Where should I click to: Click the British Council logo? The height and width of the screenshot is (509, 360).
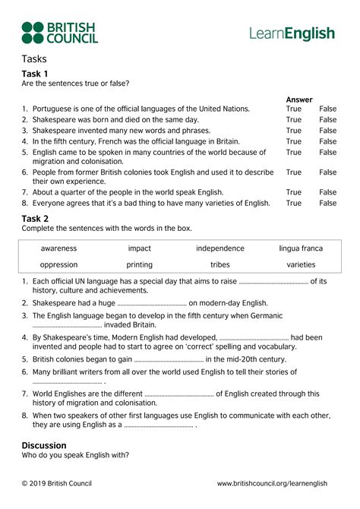coord(59,33)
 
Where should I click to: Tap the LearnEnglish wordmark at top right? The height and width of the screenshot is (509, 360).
coord(292,33)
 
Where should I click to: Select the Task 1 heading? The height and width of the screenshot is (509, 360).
coord(35,74)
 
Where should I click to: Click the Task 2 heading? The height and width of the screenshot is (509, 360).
coord(35,219)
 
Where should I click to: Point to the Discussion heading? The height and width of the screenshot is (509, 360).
coord(44,445)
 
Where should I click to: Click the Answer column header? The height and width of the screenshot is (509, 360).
coord(299,100)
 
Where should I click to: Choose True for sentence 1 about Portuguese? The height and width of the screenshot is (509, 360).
coord(294,109)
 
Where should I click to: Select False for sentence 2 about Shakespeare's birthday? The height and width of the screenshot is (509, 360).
coord(328,120)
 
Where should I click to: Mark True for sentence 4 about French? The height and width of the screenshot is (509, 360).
coord(294,141)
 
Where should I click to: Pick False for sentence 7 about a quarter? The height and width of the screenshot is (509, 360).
coord(328,193)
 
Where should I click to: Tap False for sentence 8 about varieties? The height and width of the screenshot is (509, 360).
coord(328,204)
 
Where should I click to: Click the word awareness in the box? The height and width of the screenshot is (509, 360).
coord(59,248)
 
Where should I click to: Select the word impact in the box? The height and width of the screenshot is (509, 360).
coord(140,248)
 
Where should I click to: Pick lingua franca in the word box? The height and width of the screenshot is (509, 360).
coord(301,248)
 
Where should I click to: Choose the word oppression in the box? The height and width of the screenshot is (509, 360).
coord(59,265)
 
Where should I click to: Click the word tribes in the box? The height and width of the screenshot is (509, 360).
coord(219,265)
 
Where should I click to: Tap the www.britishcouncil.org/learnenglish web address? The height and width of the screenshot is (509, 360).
coord(272,483)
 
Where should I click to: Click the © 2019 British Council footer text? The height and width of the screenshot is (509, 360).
coord(58,483)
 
